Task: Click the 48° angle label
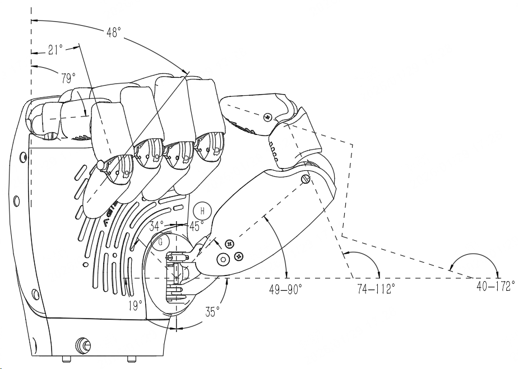click(114, 32)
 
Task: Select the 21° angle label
click(55, 50)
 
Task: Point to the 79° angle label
click(68, 78)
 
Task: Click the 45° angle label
click(197, 226)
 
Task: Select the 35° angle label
click(212, 311)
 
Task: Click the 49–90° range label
click(286, 289)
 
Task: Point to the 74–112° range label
click(376, 289)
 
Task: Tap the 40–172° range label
click(496, 286)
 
